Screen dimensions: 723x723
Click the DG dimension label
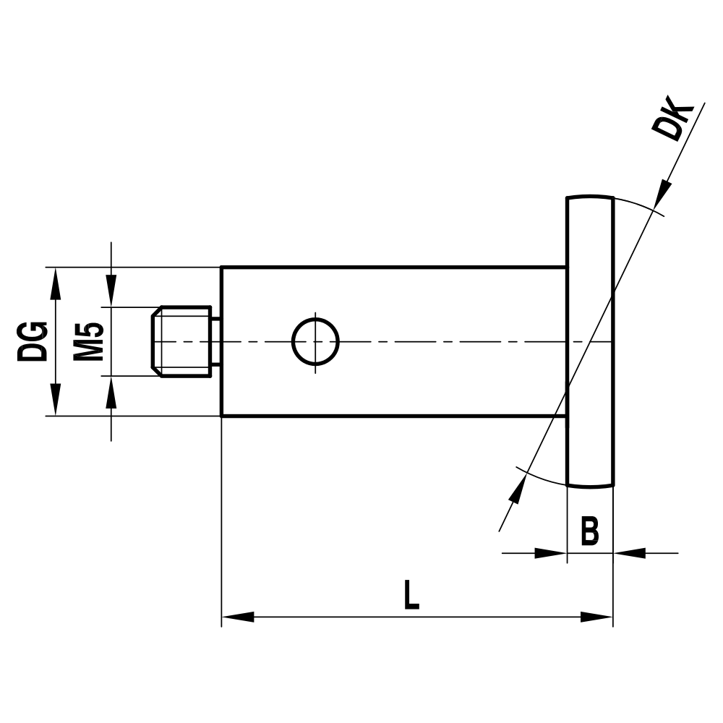pos(33,341)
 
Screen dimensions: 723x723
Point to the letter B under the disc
pos(590,531)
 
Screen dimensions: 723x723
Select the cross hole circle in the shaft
pos(315,341)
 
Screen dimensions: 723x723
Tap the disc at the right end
pos(590,341)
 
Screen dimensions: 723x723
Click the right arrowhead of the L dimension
pos(597,617)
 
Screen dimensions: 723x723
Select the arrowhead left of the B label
pos(549,553)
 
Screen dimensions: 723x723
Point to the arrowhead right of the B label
pos(629,553)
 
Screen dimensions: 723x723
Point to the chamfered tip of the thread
pos(153,341)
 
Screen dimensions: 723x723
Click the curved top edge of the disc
pos(590,197)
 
